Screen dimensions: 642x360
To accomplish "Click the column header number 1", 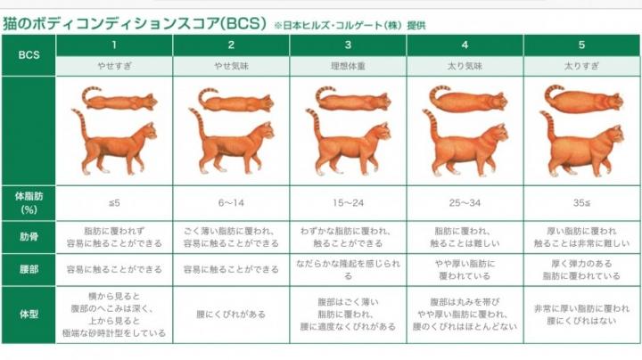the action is [114, 45].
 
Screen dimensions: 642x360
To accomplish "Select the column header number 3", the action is [348, 45].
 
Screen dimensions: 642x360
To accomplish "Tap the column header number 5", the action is [581, 45].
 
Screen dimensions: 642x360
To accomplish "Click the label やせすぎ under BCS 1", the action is [114, 66].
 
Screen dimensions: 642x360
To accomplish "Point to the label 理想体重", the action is [348, 66].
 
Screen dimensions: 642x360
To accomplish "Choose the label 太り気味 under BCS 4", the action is [465, 66].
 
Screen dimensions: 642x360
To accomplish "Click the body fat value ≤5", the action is [114, 203].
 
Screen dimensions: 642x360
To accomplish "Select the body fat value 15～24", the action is [348, 203].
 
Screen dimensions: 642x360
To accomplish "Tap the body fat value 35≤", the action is [581, 203].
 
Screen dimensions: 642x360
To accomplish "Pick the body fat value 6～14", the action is [231, 203].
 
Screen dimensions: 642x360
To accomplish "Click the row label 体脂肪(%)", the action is [29, 203].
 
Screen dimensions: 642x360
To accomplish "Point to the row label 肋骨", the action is [29, 237].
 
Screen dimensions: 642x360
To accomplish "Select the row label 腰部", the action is [29, 270].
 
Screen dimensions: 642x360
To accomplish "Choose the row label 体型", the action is [29, 315].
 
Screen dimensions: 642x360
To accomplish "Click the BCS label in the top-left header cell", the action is [29, 55].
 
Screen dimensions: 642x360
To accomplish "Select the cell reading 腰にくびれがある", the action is [231, 315].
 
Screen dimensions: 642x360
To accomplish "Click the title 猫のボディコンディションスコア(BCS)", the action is [135, 23].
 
